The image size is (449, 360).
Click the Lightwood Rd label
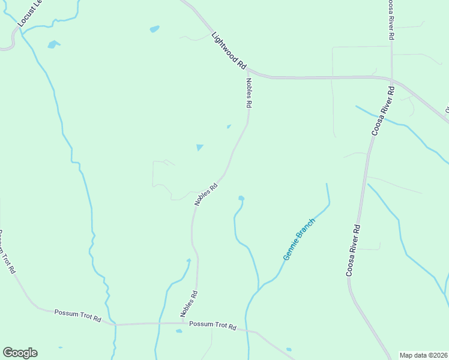click(229, 50)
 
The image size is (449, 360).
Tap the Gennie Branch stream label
click(299, 239)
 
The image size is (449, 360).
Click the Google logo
click(20, 353)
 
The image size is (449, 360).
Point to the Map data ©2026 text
click(423, 355)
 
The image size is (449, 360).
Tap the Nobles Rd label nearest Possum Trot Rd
click(189, 304)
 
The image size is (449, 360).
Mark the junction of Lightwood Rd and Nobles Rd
click(247, 70)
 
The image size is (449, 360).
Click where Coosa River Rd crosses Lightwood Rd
click(391, 79)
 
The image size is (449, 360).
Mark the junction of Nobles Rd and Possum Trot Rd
click(181, 324)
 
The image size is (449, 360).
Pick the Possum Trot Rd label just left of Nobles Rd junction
click(77, 316)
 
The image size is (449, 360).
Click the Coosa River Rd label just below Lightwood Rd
click(382, 111)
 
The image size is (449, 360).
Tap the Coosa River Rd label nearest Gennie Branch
click(354, 250)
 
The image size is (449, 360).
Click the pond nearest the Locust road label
click(53, 44)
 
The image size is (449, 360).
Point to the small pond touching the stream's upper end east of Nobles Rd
click(241, 198)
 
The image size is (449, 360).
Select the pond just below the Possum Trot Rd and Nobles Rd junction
click(179, 331)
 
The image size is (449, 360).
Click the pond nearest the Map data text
click(289, 349)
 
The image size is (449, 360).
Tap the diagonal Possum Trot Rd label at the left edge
click(7, 252)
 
